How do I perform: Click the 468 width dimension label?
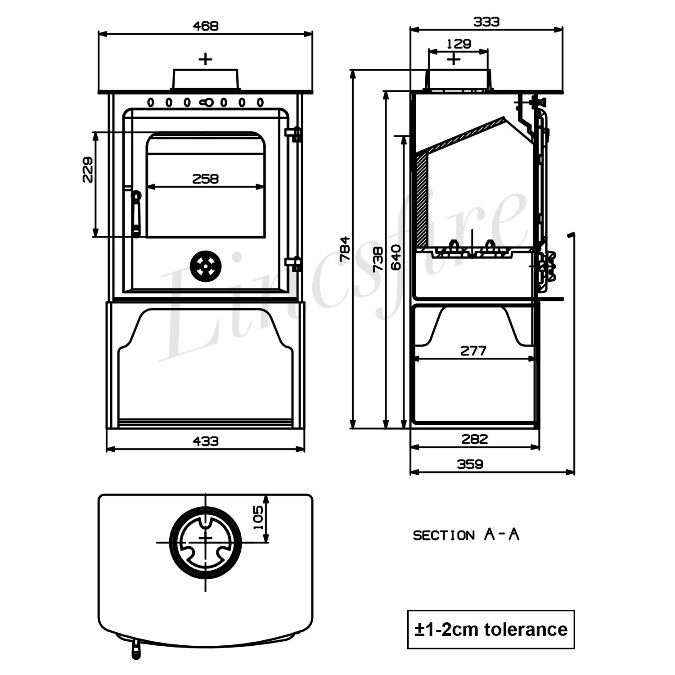coord(205,26)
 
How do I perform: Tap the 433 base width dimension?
coord(205,441)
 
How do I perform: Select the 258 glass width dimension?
coord(205,179)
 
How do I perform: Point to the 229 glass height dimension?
coord(88,170)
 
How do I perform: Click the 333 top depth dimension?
coord(486,22)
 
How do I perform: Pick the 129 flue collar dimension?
coord(459,44)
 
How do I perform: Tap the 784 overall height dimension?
coord(345,248)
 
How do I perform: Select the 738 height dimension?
coord(378,259)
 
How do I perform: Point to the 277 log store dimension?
coord(473,351)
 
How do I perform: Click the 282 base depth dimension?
coord(474,439)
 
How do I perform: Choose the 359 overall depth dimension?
coord(470,464)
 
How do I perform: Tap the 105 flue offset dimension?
coord(258,517)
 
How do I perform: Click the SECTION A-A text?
coord(466,535)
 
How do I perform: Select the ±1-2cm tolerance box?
coord(491,629)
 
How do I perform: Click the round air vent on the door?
coord(206,265)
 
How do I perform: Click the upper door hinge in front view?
coord(294,134)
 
